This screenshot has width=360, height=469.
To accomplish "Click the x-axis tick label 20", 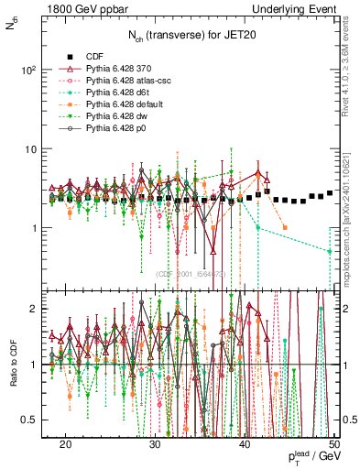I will [x=65, y=442].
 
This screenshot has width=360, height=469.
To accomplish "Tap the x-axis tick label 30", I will [x=155, y=442].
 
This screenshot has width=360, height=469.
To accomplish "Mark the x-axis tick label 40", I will [x=245, y=442].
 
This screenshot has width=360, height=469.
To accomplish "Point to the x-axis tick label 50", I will [x=333, y=442].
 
